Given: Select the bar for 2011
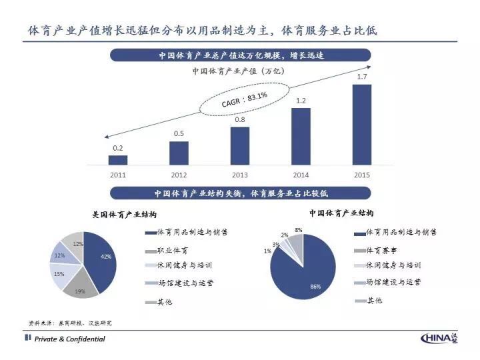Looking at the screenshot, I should click(118, 160).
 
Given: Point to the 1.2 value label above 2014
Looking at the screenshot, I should click(301, 101).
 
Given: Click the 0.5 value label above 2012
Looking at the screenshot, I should click(179, 134).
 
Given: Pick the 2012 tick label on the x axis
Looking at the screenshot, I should click(179, 175).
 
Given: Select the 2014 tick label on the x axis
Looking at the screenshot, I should click(301, 175).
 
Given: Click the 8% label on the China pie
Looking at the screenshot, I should click(299, 230).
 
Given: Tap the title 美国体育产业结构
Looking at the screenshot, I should click(125, 215).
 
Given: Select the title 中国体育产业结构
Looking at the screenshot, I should click(341, 213).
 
